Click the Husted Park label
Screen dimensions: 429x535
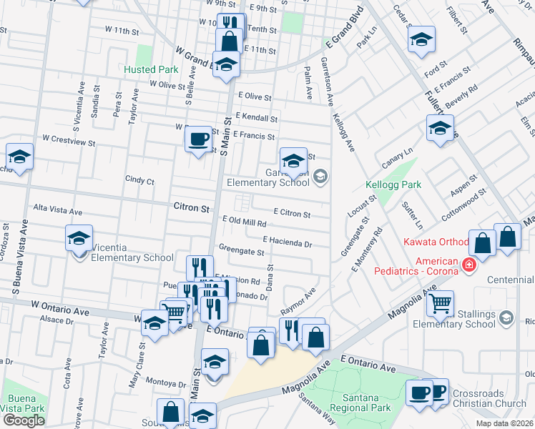[150, 70]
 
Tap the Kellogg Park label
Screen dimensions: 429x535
[393, 184]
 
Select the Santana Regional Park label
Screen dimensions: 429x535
[351, 408]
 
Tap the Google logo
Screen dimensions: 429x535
[23, 420]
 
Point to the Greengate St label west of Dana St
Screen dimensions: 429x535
[242, 252]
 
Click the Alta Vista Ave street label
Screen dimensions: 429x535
[59, 209]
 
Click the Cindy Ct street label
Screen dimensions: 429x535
[139, 181]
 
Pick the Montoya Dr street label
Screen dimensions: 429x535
[165, 383]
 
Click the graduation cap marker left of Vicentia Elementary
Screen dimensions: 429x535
[79, 240]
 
